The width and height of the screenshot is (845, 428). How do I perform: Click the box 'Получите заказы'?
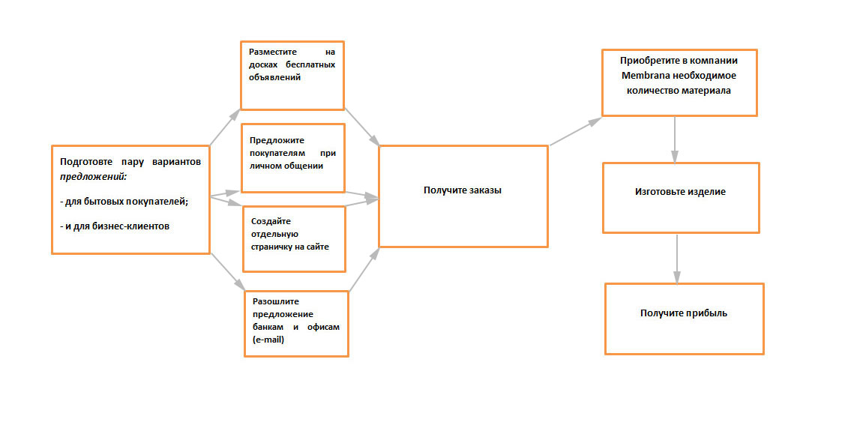click(463, 196)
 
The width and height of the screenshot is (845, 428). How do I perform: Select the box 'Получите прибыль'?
click(684, 318)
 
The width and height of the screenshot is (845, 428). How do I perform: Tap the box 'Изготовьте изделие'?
click(681, 197)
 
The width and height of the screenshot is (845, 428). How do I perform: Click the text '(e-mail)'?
click(268, 340)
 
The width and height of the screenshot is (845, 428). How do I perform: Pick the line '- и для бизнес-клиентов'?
click(115, 226)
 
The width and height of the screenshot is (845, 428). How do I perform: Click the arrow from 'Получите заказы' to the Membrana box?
click(575, 131)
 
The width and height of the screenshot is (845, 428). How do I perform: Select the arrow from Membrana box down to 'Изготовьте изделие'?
click(676, 139)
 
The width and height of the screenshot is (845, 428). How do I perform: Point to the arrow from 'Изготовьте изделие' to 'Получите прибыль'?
click(678, 259)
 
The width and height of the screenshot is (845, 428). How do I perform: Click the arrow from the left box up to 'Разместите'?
click(224, 127)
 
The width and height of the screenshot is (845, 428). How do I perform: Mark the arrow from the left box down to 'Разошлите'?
click(227, 271)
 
